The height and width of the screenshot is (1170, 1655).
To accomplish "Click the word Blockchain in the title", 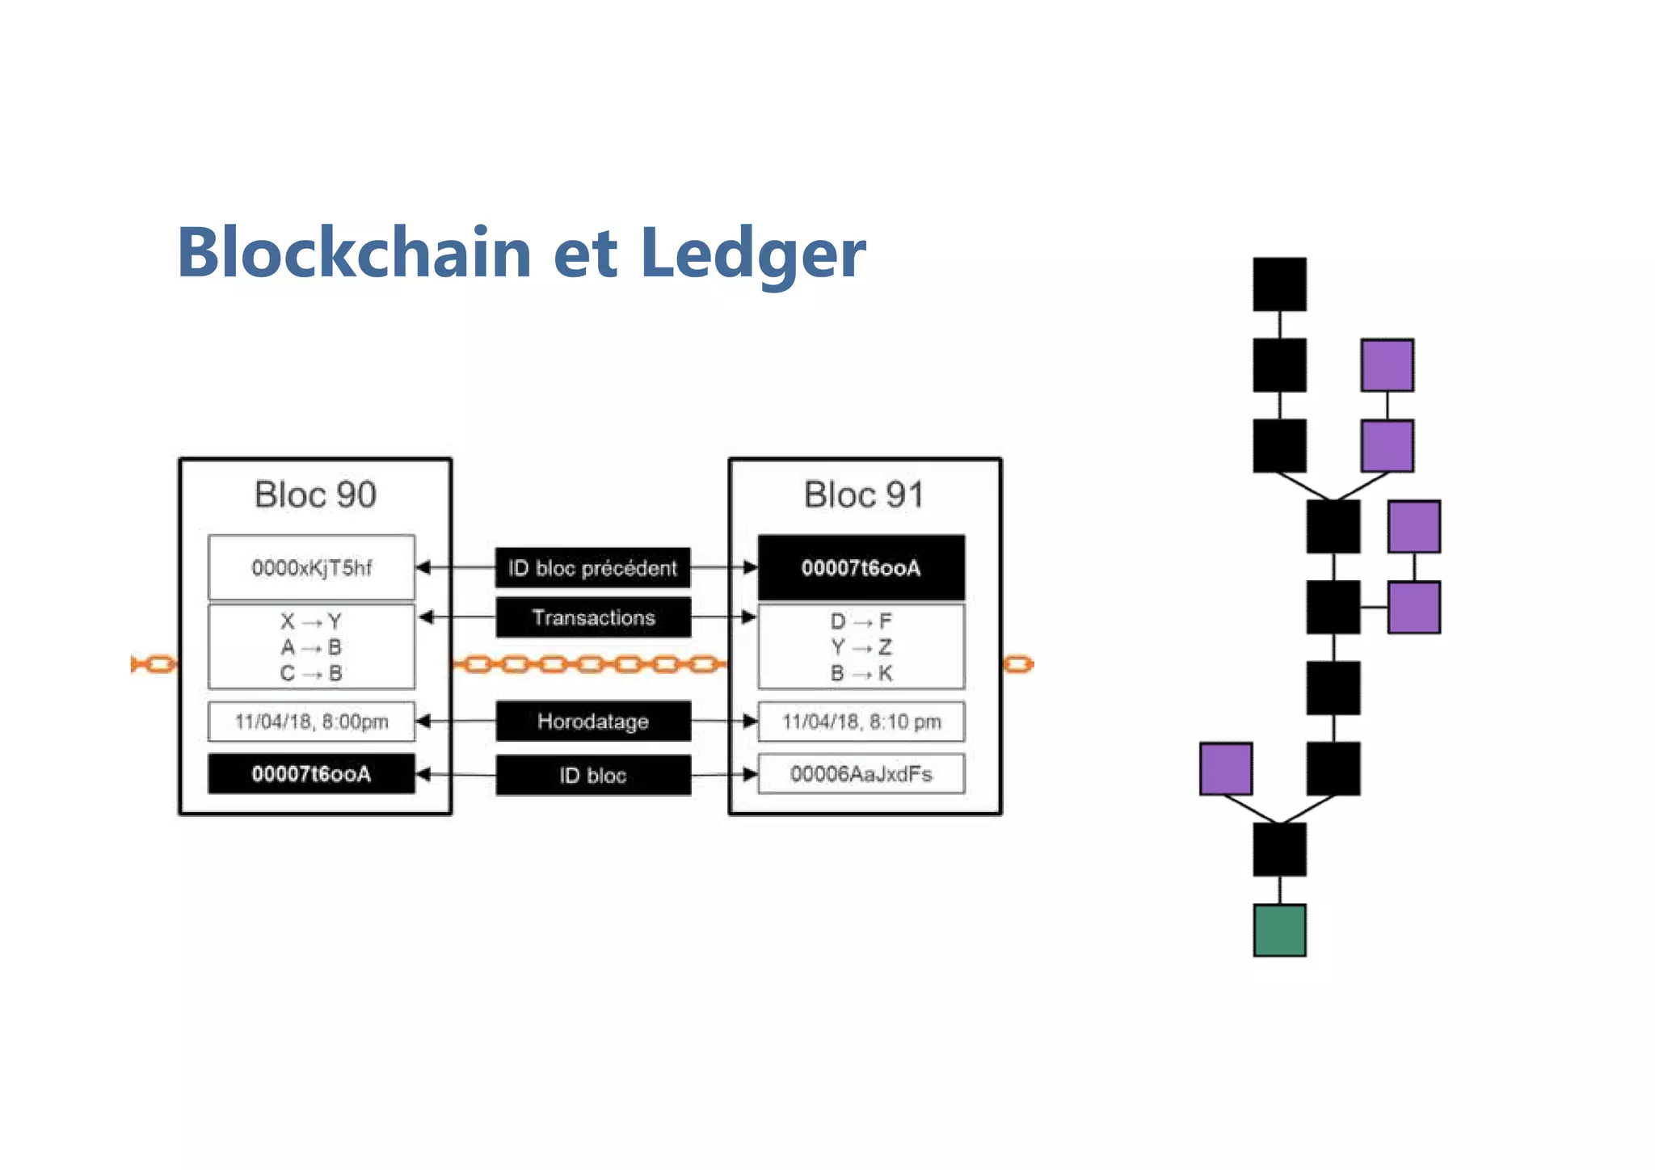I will [x=354, y=253].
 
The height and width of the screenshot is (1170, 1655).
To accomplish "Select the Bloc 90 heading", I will [x=315, y=495].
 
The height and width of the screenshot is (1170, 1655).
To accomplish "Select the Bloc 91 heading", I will [x=863, y=495].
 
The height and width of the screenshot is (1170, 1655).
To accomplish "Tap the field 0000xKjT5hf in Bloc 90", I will [x=311, y=567].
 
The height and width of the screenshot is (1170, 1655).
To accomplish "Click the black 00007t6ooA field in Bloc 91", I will [x=861, y=567].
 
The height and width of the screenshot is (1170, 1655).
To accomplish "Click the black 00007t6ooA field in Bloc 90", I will [x=311, y=774].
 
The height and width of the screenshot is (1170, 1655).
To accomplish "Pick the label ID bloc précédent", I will [x=592, y=568].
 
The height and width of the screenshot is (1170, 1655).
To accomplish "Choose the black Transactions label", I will [x=592, y=617].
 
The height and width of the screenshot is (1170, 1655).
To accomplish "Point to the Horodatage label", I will [x=592, y=721].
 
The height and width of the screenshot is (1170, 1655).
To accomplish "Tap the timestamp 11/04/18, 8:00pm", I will [x=311, y=722].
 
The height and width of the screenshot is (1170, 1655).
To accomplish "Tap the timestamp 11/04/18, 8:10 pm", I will [x=861, y=722].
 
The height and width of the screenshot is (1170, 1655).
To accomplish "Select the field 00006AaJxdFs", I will [x=861, y=774].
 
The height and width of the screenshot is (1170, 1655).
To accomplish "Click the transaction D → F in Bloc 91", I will [x=861, y=621].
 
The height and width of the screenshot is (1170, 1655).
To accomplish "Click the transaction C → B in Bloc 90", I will [x=311, y=673].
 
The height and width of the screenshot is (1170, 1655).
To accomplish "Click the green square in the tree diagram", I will [x=1279, y=930].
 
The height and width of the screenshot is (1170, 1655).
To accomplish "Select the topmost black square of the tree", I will [x=1279, y=284].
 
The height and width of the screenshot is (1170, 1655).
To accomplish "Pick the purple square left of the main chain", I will [x=1226, y=768].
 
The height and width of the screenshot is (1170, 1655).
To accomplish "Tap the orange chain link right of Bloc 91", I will [x=1018, y=664].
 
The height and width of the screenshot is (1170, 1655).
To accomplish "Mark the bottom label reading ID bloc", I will [x=592, y=776].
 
